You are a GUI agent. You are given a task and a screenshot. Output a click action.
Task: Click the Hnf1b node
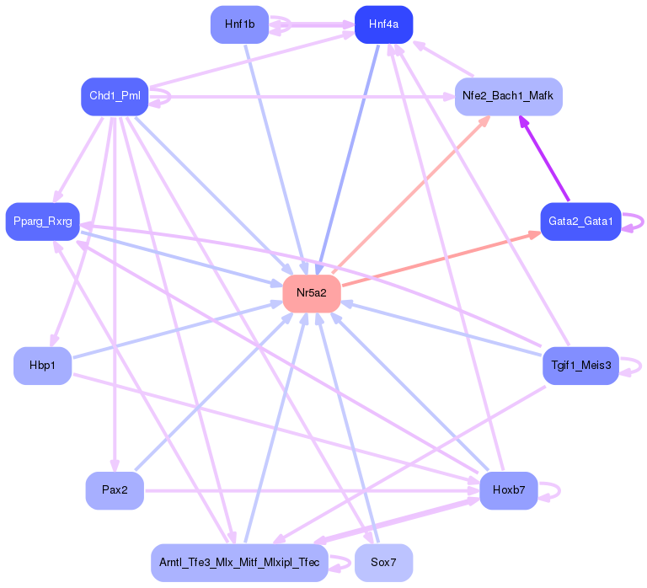(x=239, y=24)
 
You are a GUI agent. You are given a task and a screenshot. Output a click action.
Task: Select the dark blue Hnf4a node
(x=383, y=24)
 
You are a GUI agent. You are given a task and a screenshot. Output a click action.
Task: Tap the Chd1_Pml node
(x=115, y=96)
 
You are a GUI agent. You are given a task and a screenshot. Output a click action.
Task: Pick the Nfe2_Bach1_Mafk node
(x=508, y=96)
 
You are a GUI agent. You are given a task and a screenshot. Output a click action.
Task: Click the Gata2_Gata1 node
(x=580, y=221)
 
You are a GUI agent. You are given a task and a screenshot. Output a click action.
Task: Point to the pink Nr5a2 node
(x=311, y=293)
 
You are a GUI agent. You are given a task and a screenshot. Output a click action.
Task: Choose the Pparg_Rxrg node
(x=42, y=221)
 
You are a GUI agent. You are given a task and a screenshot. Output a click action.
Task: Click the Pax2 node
(x=115, y=490)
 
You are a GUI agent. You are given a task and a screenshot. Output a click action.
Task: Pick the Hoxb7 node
(x=508, y=490)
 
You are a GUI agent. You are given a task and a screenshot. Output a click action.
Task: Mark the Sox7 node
(x=383, y=563)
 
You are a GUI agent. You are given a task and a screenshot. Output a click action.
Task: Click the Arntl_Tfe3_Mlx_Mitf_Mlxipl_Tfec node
(x=239, y=563)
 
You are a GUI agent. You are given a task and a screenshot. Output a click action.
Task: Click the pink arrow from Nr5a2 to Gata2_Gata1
(x=438, y=258)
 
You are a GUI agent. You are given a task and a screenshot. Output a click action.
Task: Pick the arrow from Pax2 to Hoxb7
(x=312, y=490)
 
